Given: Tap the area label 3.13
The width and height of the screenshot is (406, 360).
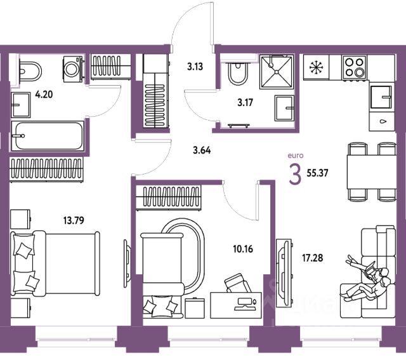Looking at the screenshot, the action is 195,64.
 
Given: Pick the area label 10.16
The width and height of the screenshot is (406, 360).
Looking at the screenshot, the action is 244,248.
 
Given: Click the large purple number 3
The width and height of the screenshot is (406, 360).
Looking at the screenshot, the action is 295,173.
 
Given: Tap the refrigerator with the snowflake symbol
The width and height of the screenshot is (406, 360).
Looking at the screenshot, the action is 315,66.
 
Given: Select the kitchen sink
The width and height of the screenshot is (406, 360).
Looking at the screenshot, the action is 382,99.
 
